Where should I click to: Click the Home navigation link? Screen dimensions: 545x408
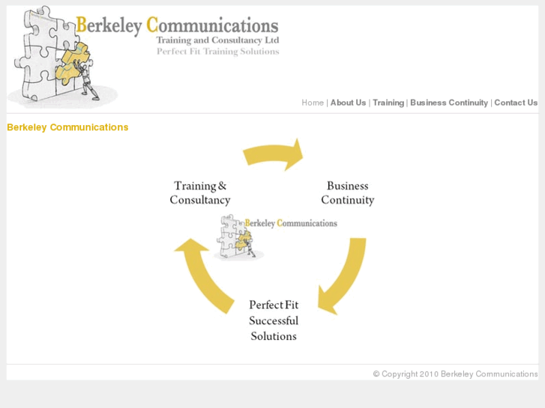(313, 103)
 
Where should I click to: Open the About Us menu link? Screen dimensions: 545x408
(348, 103)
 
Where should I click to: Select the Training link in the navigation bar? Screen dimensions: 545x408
(388, 103)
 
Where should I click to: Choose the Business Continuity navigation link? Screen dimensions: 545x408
(449, 103)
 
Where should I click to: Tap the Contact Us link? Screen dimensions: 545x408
(516, 103)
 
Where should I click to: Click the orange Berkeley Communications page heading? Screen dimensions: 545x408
(67, 127)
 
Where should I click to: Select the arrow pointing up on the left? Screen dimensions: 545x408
(205, 274)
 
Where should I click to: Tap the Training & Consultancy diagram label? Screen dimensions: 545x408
(200, 192)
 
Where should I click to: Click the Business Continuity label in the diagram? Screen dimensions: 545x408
(348, 192)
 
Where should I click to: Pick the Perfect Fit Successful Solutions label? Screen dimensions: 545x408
(274, 320)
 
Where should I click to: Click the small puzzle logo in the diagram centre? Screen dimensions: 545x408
(239, 237)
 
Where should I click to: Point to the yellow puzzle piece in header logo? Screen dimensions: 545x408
(72, 63)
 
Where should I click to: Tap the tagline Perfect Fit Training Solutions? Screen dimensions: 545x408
(217, 52)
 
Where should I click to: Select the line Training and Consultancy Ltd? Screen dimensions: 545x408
(217, 40)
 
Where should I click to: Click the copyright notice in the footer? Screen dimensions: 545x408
(455, 374)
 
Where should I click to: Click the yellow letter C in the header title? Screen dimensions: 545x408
(152, 25)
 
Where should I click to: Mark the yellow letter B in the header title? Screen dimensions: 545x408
(81, 25)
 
